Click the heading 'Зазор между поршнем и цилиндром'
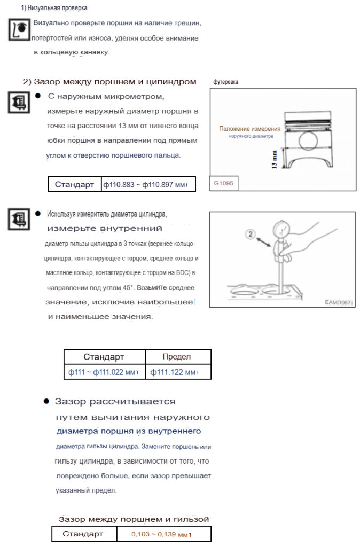109,82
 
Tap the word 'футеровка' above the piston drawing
226,82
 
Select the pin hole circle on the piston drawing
309,141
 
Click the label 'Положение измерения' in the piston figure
249,129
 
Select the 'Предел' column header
176,357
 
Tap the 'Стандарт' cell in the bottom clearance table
84,534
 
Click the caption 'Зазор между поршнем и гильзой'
134,519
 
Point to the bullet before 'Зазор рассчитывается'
46,401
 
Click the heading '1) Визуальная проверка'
54,8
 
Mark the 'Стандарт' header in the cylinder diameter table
104,357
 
